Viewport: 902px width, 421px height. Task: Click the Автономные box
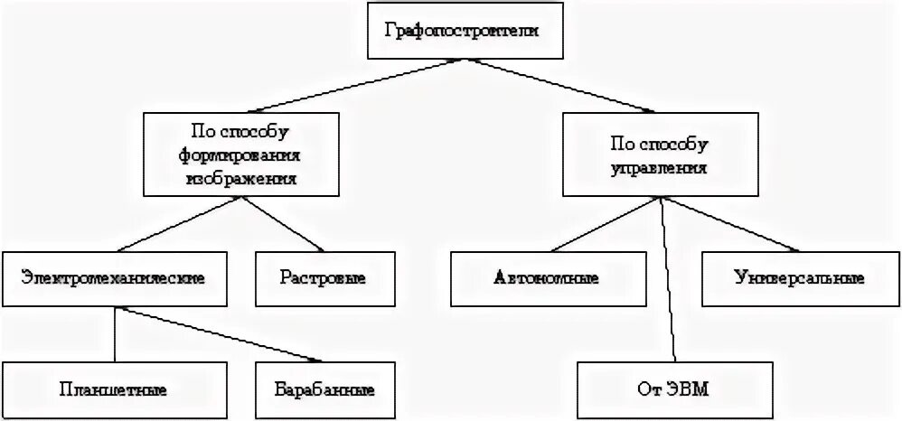point(547,277)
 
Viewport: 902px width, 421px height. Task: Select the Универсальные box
point(798,277)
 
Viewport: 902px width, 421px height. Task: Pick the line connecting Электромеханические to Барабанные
point(221,334)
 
